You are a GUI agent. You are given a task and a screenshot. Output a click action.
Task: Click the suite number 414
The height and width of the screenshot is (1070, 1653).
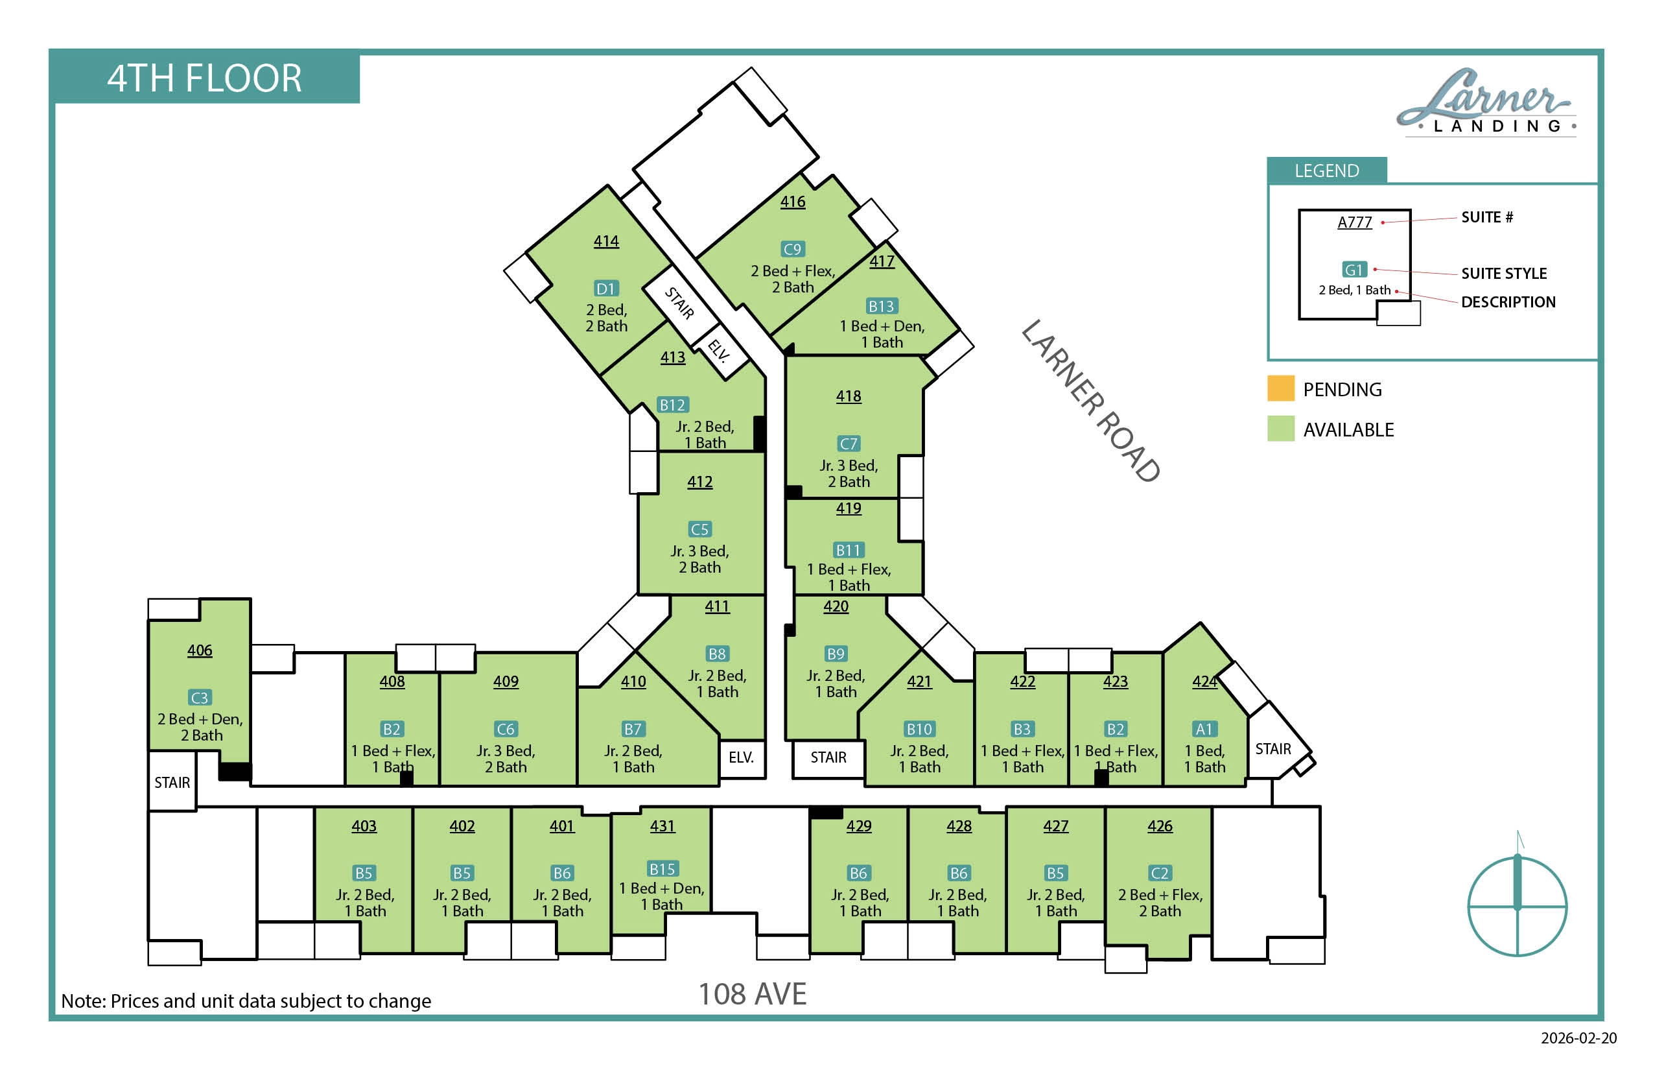pyautogui.click(x=605, y=241)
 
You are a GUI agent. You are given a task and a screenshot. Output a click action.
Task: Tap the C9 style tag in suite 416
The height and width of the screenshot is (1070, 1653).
pyautogui.click(x=792, y=249)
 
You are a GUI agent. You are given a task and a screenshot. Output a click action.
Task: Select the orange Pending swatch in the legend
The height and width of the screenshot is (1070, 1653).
pyautogui.click(x=1281, y=388)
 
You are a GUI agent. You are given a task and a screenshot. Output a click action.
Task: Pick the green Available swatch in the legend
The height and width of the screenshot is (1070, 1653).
pyautogui.click(x=1281, y=429)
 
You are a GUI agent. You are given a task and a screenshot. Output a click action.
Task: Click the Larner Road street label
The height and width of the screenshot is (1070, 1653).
pyautogui.click(x=1090, y=401)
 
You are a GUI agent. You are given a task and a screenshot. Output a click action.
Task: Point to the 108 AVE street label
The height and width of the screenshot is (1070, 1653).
pyautogui.click(x=752, y=994)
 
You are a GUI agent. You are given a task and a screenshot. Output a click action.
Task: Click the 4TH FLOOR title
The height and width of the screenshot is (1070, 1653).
pyautogui.click(x=204, y=78)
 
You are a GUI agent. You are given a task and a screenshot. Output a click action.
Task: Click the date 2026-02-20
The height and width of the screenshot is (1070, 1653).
pyautogui.click(x=1578, y=1038)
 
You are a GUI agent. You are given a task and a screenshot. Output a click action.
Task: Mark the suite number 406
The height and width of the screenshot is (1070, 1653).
pyautogui.click(x=200, y=650)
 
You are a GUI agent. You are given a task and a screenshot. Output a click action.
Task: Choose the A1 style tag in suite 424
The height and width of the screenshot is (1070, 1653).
pyautogui.click(x=1204, y=729)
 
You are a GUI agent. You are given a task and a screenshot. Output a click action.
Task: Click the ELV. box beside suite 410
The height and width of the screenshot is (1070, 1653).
pyautogui.click(x=742, y=757)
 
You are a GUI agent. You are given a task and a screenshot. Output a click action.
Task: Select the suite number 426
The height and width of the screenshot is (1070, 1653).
pyautogui.click(x=1160, y=826)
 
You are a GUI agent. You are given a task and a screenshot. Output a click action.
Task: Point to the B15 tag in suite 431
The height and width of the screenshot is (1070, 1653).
pyautogui.click(x=662, y=868)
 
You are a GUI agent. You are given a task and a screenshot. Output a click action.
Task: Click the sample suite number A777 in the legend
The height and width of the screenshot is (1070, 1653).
pyautogui.click(x=1354, y=222)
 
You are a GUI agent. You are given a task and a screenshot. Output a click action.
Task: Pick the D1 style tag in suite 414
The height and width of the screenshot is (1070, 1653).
pyautogui.click(x=605, y=289)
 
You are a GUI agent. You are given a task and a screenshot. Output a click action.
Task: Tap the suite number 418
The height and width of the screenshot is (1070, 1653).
pyautogui.click(x=848, y=396)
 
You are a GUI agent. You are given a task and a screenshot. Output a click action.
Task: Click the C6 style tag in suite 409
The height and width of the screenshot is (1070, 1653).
pyautogui.click(x=505, y=729)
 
